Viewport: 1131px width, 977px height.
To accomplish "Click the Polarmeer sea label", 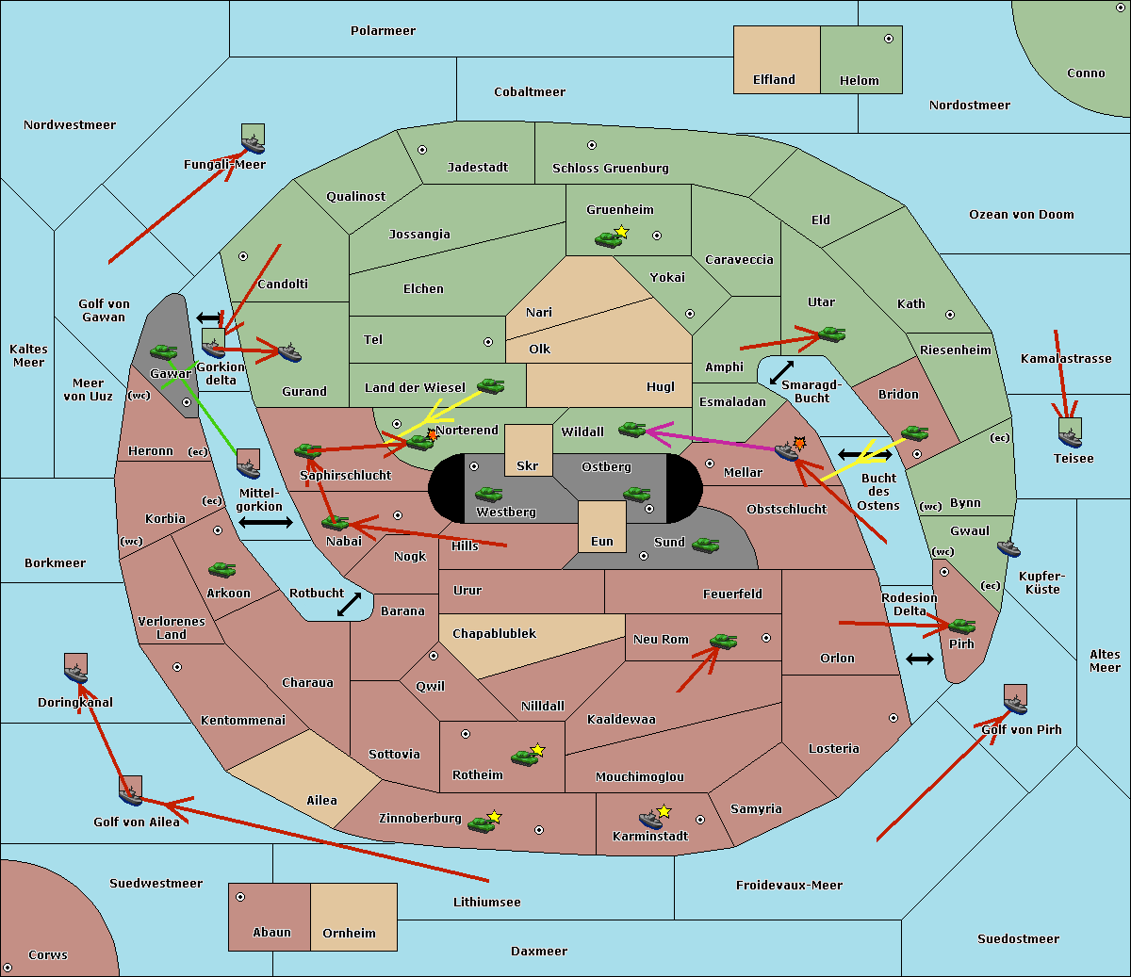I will [x=383, y=31].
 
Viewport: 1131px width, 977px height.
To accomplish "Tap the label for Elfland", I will [x=774, y=80].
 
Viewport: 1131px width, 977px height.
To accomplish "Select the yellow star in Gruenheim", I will [x=621, y=232].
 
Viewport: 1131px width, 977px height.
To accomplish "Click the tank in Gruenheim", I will [x=607, y=240].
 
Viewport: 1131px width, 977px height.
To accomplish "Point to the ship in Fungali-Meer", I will [x=253, y=143].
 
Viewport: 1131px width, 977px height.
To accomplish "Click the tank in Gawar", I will [x=163, y=352].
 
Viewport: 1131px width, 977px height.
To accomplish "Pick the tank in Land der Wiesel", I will [x=490, y=385].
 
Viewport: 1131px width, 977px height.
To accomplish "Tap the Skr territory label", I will [x=528, y=465].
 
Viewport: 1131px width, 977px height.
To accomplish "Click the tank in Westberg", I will [x=488, y=494].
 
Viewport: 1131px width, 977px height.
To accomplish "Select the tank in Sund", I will [x=706, y=544].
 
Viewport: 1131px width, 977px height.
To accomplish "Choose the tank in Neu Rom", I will [x=723, y=642].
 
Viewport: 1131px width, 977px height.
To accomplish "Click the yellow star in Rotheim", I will [x=537, y=750].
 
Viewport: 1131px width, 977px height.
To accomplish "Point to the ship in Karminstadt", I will [x=650, y=819].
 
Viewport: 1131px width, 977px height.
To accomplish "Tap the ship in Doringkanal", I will [x=76, y=673].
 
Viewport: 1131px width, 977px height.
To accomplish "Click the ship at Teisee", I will [x=1070, y=434].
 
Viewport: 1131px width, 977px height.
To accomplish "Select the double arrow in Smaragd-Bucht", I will [x=782, y=372].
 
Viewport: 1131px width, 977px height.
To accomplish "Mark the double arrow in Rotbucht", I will [x=349, y=604].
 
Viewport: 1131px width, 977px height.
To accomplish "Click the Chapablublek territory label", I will [x=494, y=634].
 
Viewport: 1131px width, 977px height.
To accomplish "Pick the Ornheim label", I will [x=349, y=934].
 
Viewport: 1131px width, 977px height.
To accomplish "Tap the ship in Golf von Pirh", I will [x=1015, y=703].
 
